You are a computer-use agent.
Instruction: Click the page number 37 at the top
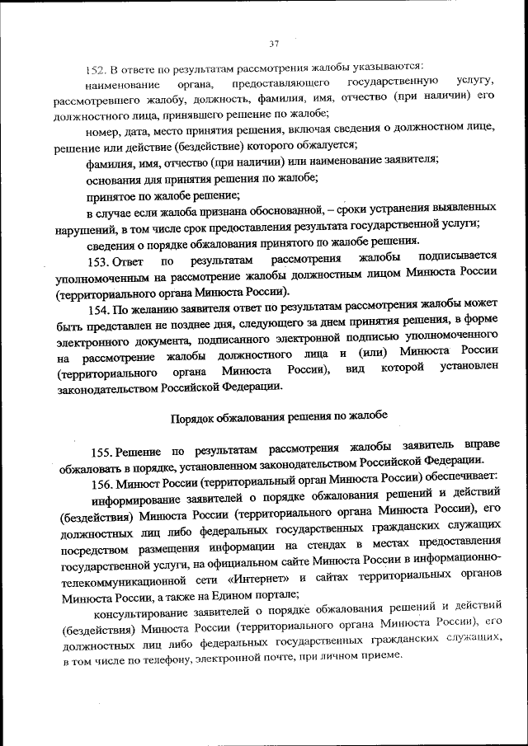(275, 45)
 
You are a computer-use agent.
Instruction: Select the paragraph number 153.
(101, 262)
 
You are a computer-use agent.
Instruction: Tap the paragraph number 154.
(101, 311)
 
